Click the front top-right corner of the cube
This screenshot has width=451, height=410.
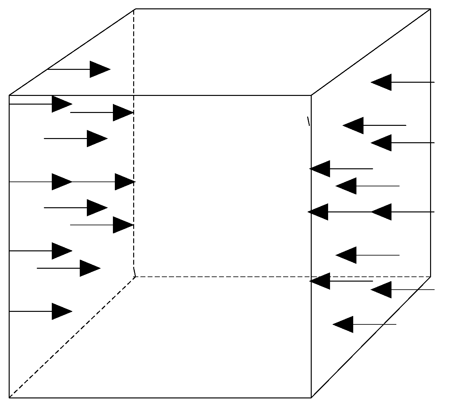(311, 95)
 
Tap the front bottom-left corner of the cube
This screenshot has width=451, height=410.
(9, 398)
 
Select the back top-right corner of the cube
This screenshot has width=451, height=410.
(430, 9)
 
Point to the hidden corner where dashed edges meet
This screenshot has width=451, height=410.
(135, 276)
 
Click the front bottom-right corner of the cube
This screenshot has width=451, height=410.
(311, 398)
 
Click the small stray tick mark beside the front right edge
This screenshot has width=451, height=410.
(308, 121)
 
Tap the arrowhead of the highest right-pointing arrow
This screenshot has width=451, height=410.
(100, 69)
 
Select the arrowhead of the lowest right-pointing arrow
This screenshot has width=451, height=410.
(62, 311)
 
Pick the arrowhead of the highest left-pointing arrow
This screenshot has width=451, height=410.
(381, 82)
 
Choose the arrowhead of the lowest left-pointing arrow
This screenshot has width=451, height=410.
(343, 324)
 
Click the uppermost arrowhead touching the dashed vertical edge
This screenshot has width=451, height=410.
(123, 113)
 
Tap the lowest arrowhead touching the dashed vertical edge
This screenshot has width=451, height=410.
(123, 225)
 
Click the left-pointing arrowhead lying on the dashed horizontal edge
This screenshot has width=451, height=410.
(320, 281)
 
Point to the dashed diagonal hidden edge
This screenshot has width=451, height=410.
(72, 337)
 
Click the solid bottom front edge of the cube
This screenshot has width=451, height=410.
(161, 398)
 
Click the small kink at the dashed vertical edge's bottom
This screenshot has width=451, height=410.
(134, 272)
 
